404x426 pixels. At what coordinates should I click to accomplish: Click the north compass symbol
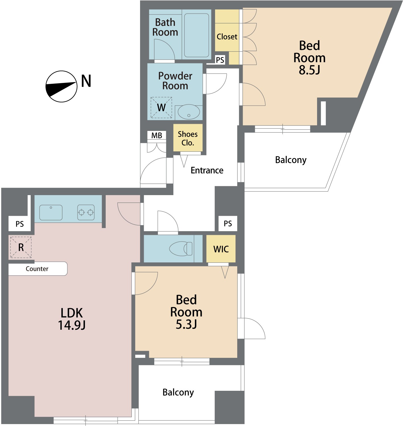click(x=61, y=86)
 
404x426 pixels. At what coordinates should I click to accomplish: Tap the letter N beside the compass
click(x=86, y=81)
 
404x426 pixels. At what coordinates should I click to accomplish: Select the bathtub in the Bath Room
click(x=197, y=35)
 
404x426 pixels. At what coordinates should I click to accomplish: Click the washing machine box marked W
click(x=161, y=107)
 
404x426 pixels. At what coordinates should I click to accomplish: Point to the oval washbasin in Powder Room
click(x=189, y=112)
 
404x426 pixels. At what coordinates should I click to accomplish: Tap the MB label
click(x=157, y=135)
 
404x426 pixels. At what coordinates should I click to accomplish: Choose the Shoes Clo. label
click(x=188, y=138)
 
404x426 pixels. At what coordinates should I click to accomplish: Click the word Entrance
click(x=207, y=170)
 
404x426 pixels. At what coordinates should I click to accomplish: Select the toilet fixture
click(x=181, y=248)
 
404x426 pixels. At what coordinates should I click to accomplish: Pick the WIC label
click(x=221, y=249)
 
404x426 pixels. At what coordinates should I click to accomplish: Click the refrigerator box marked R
click(x=21, y=247)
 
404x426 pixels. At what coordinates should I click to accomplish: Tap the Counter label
click(x=37, y=269)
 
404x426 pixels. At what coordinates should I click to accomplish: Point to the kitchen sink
click(x=51, y=212)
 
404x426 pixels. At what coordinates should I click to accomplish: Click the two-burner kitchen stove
click(x=86, y=212)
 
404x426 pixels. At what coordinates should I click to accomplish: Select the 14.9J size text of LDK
click(x=72, y=325)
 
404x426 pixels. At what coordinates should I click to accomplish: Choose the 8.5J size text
click(x=309, y=70)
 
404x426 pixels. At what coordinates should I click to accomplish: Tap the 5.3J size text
click(x=186, y=324)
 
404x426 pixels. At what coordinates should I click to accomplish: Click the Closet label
click(x=227, y=37)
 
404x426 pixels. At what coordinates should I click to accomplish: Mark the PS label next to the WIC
click(x=228, y=224)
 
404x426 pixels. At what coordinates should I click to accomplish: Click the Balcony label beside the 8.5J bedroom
click(x=291, y=160)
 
